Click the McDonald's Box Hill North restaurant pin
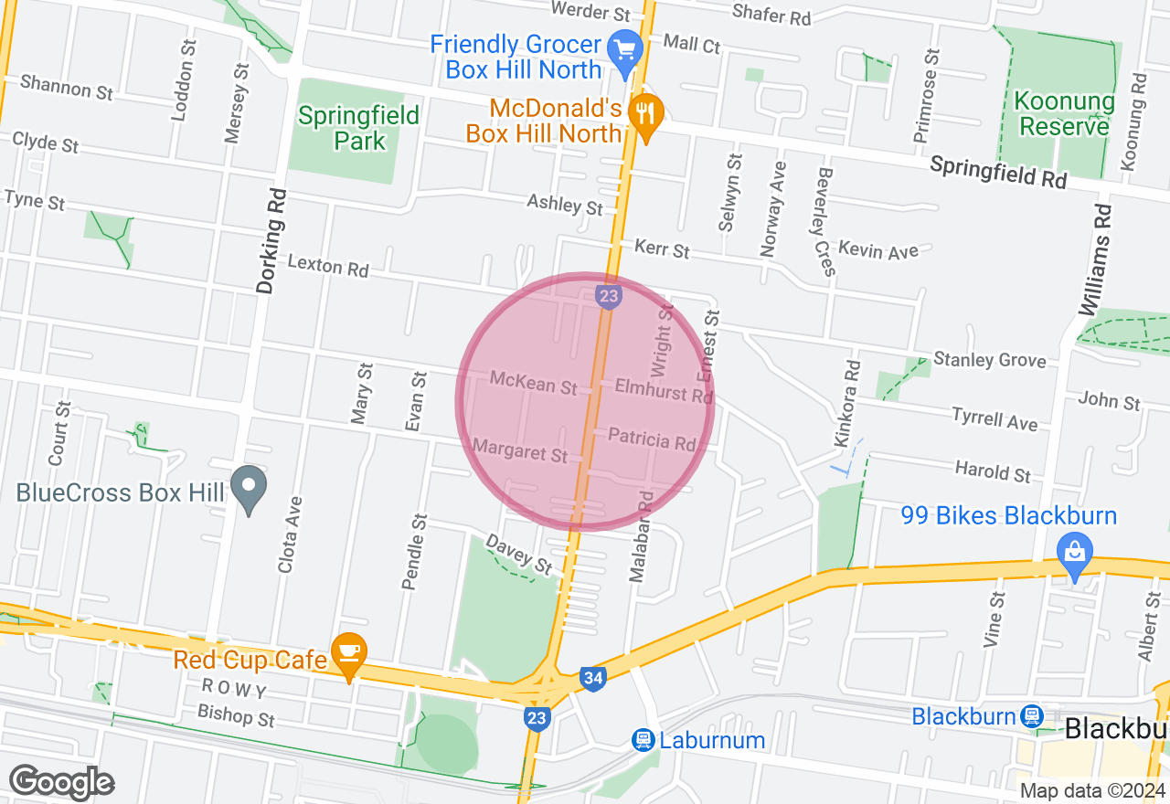(646, 114)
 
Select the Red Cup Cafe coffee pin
(348, 652)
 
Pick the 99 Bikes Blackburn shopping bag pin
(1076, 552)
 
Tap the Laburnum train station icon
(643, 739)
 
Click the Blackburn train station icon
(1032, 715)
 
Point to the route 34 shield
(592, 679)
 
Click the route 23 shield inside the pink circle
(609, 296)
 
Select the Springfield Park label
(358, 128)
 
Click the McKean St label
(533, 382)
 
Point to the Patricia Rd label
(652, 439)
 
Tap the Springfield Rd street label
(998, 172)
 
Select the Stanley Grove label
(989, 359)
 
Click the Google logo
(61, 782)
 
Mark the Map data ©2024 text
(1091, 791)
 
